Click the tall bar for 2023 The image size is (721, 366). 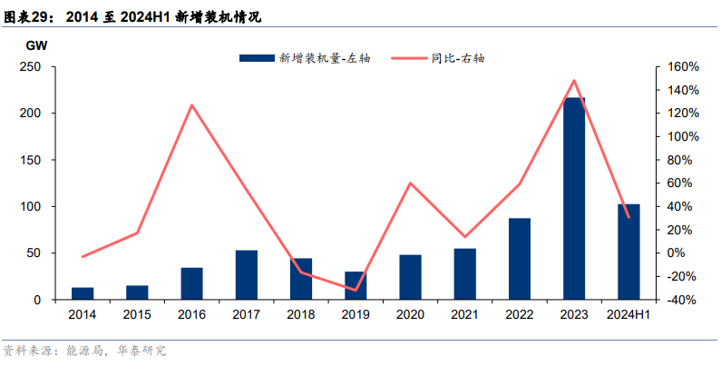click(x=573, y=198)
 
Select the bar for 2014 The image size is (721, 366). click(x=83, y=293)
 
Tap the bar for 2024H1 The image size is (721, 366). click(x=628, y=252)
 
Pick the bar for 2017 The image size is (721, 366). click(x=247, y=274)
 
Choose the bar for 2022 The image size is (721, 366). click(x=520, y=259)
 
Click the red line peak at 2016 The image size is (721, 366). click(x=192, y=105)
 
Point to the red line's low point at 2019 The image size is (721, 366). click(x=356, y=291)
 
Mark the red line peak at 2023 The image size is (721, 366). click(x=573, y=80)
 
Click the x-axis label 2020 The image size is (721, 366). click(x=410, y=314)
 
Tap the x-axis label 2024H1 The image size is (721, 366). click(x=628, y=314)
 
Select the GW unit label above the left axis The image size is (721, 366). click(x=37, y=45)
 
